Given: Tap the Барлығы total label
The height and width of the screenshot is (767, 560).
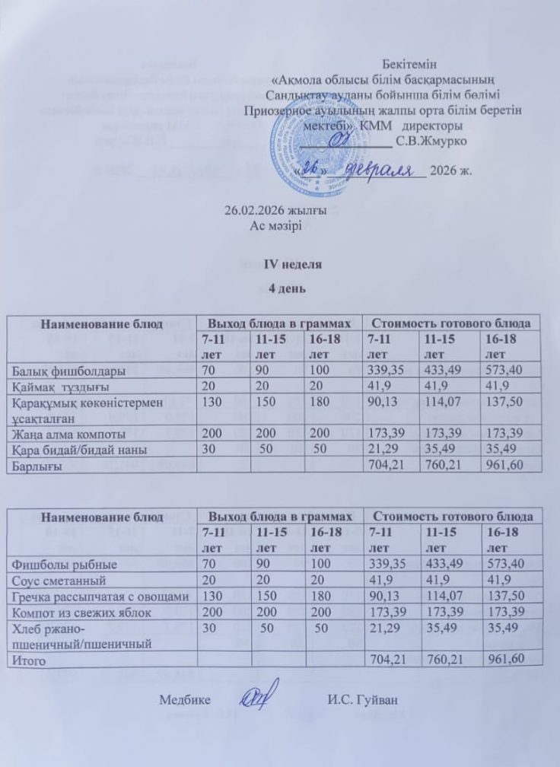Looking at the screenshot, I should [x=37, y=464].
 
